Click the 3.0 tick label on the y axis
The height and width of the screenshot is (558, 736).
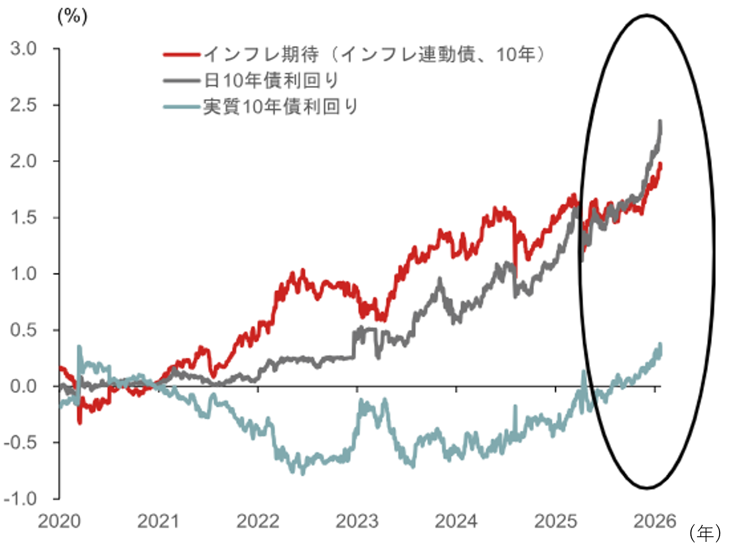(23, 49)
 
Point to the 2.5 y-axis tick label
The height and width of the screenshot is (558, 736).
(23, 105)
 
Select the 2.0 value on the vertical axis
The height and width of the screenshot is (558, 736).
(23, 161)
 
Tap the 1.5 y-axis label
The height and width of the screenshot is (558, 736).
(23, 218)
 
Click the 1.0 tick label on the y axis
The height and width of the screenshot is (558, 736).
(23, 274)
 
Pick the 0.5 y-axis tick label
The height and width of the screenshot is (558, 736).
(23, 330)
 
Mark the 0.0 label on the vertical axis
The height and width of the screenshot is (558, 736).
(23, 386)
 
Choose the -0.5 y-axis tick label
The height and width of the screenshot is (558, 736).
(20, 443)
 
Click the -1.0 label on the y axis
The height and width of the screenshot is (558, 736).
(20, 499)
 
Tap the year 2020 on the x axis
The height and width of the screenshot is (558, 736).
(59, 521)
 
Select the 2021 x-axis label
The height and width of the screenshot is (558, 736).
(158, 521)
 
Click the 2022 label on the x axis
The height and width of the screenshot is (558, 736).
(257, 521)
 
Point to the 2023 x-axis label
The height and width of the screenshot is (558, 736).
(357, 521)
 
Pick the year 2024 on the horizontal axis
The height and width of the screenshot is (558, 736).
(456, 521)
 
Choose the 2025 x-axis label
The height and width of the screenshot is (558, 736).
(555, 521)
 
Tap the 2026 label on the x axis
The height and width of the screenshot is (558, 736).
(655, 521)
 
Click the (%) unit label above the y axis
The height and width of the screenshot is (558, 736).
(73, 17)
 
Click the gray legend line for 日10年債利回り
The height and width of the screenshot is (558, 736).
(181, 81)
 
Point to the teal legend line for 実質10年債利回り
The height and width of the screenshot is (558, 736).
(181, 107)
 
